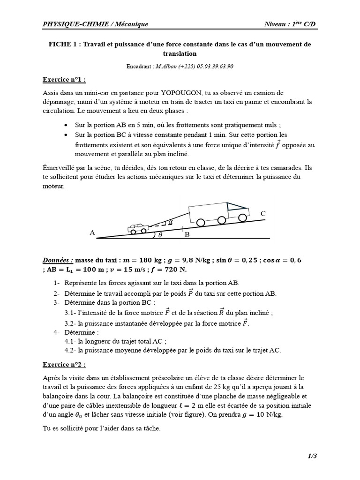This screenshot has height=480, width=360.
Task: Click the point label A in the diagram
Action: (x=92, y=232)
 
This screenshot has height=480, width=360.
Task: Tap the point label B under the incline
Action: (x=187, y=235)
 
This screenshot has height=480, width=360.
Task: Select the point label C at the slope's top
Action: (x=263, y=214)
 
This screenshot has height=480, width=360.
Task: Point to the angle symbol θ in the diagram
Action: (x=160, y=235)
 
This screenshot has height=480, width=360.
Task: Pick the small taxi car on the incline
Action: (x=139, y=228)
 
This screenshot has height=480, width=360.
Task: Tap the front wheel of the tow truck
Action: (x=242, y=217)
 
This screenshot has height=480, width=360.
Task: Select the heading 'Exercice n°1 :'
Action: (x=64, y=80)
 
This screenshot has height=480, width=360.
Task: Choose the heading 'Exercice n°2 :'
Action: (x=64, y=364)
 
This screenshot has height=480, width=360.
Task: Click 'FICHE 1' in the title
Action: (x=64, y=45)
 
